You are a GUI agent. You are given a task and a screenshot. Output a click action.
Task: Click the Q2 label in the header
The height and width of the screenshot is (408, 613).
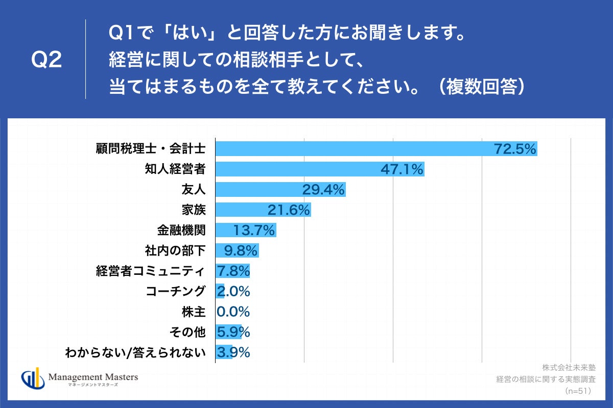click(x=46, y=60)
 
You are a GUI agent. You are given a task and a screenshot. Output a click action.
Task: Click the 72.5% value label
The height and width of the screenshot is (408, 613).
click(x=514, y=149)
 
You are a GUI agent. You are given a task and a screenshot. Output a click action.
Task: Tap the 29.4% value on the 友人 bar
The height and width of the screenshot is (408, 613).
click(x=323, y=190)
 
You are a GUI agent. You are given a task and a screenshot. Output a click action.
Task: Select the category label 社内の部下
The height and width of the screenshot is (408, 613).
click(x=175, y=251)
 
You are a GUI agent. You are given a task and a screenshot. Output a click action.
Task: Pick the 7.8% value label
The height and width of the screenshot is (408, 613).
click(x=233, y=271)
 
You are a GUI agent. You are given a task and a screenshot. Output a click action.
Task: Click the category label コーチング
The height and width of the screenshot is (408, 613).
click(x=175, y=291)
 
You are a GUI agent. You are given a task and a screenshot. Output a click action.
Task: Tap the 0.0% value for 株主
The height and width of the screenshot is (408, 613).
click(x=233, y=312)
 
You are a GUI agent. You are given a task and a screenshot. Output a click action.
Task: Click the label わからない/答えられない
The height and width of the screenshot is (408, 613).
click(x=136, y=352)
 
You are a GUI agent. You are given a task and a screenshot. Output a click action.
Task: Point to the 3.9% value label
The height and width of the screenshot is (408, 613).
click(x=233, y=352)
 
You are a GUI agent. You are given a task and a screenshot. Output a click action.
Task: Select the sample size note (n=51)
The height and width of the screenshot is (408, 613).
click(x=578, y=391)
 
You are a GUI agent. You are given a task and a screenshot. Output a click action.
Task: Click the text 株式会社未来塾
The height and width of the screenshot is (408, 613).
click(x=569, y=367)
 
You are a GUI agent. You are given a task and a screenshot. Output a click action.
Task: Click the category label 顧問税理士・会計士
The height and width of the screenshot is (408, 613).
click(x=151, y=149)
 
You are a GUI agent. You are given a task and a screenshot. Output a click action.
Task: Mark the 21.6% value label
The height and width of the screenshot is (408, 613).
click(x=289, y=210)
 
